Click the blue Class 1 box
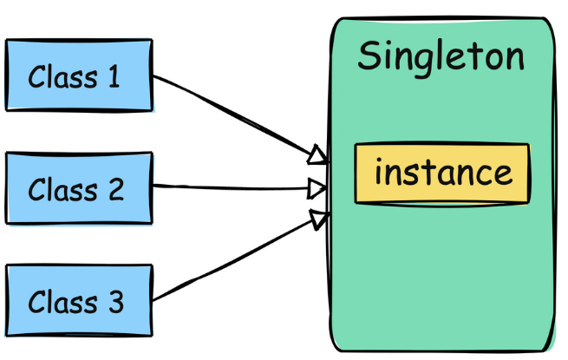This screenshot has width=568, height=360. coord(79,75)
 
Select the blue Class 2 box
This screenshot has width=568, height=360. coord(79,188)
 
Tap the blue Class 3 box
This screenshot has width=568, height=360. coord(79,302)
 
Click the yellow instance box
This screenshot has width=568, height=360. coord(441,173)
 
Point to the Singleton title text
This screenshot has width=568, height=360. coord(441,57)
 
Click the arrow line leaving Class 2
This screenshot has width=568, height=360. coord(234,187)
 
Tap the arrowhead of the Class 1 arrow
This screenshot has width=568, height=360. coord(318,156)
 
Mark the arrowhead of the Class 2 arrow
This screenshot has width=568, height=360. coord(318,187)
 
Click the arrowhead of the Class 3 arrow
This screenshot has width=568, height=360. coord(318,218)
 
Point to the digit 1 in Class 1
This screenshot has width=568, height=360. coord(113,77)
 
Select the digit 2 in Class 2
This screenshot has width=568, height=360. coord(114,189)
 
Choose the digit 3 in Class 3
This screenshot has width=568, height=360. coord(114,303)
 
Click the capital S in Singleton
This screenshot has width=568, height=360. coord(369,56)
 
